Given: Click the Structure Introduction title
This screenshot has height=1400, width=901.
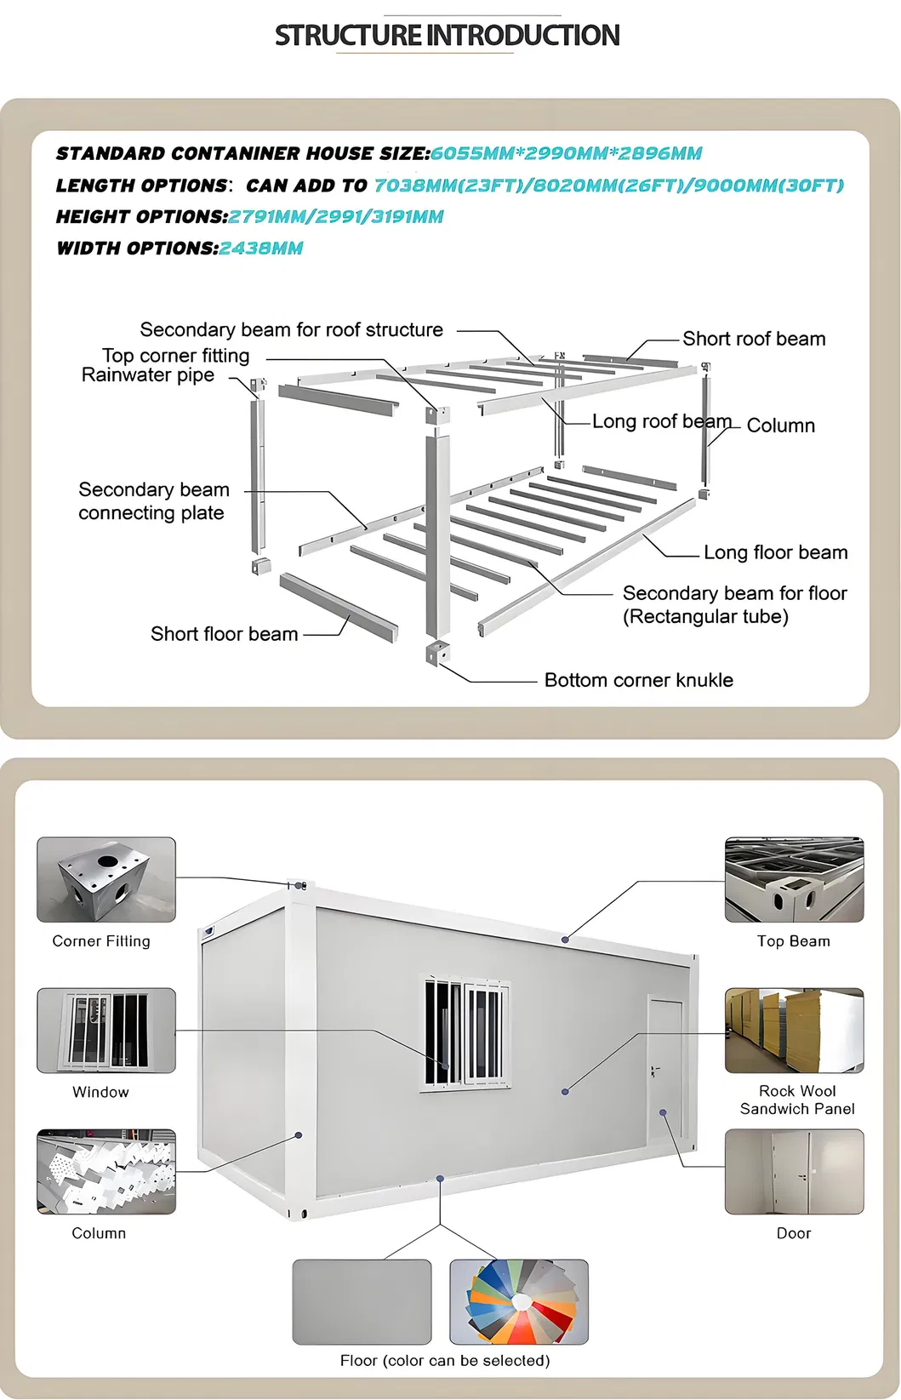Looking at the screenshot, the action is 447,35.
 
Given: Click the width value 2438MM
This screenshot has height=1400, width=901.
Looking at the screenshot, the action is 261,249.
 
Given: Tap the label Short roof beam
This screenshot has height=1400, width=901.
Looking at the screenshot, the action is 754,339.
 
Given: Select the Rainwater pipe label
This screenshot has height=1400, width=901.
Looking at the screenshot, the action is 147,375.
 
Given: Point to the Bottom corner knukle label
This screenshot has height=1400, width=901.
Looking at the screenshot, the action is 639,680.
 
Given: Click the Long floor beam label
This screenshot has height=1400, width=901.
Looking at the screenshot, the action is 775,552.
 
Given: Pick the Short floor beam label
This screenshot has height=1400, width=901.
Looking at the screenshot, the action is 224,634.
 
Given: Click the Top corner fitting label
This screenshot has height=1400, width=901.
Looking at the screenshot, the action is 175,356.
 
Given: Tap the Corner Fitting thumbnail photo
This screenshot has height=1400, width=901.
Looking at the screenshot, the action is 106,879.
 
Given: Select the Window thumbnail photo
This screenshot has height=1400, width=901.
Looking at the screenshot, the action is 106,1030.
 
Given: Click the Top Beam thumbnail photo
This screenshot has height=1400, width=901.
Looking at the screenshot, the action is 794,879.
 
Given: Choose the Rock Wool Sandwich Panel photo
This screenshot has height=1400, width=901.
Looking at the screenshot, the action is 794,1030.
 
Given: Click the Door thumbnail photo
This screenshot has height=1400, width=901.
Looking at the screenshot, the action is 794,1171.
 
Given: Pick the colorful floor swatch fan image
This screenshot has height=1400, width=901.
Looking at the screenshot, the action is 519,1302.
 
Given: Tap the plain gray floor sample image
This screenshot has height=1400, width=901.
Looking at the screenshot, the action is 362,1302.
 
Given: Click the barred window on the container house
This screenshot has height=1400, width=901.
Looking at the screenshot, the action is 465,1031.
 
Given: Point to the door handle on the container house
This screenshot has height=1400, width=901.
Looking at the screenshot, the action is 653,1071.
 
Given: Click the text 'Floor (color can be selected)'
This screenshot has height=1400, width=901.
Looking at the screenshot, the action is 445,1361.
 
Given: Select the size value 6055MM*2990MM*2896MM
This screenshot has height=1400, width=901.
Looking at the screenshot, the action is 566,153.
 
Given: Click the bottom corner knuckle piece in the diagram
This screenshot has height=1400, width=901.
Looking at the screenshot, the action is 437,653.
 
